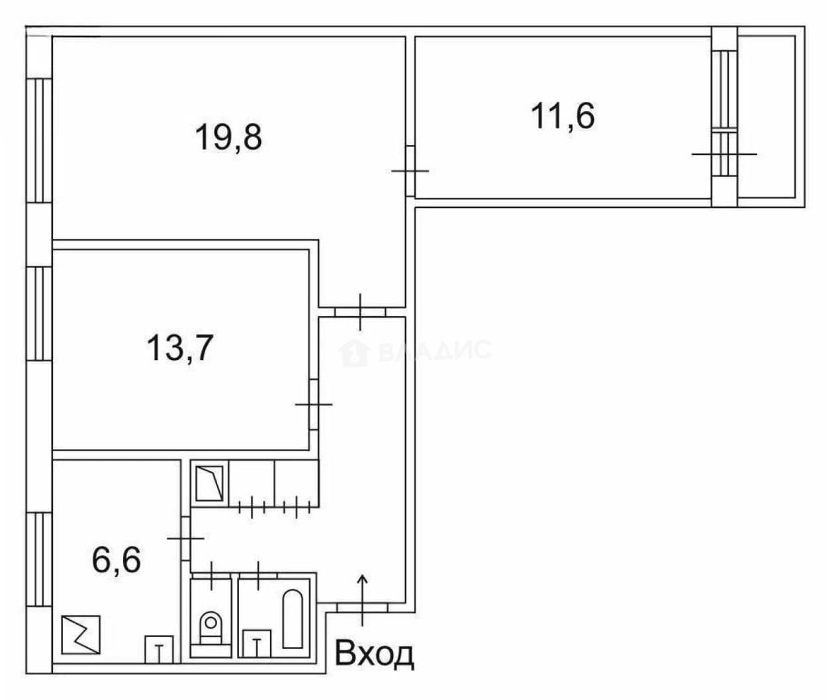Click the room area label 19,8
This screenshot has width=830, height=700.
(x=228, y=137)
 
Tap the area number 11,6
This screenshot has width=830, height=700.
(x=563, y=116)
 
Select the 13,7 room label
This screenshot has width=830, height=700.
(x=180, y=348)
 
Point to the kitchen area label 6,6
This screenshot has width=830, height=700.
(x=116, y=560)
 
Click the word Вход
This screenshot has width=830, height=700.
(x=374, y=654)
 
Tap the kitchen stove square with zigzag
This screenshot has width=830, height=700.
(x=81, y=634)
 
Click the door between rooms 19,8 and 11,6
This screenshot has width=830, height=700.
(x=410, y=171)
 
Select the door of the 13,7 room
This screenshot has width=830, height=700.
(x=314, y=404)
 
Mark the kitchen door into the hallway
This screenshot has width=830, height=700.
(x=185, y=538)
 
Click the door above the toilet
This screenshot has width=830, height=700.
(x=211, y=575)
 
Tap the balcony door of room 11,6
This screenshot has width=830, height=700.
(x=724, y=154)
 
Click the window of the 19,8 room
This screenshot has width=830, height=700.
(x=39, y=141)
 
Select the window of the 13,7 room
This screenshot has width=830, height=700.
(x=39, y=314)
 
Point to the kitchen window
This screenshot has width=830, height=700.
(x=39, y=560)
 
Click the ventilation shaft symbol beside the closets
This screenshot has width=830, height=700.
(x=210, y=483)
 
